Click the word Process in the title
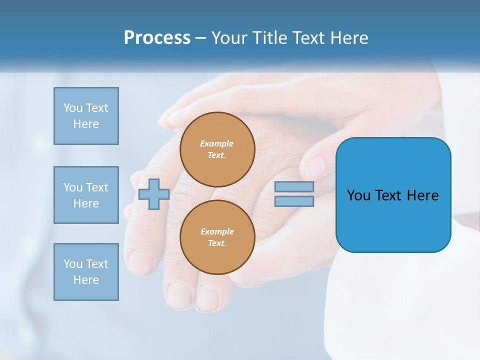pos(157,38)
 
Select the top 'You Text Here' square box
pos(86,116)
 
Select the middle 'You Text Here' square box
pos(86,195)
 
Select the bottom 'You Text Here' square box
pos(86,272)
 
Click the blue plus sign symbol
pos(154,194)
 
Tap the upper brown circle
pos(217,149)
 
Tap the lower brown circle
pos(217,237)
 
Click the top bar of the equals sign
pos(294,186)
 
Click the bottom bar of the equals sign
pos(294,201)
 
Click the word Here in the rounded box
pos(422,195)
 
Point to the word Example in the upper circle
pos(217,144)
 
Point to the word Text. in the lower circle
pos(217,243)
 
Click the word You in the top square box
pos(73,108)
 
